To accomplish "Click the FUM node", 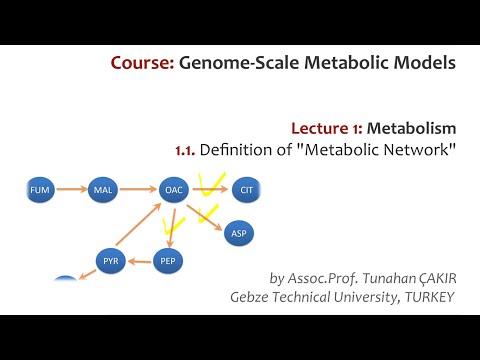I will coord(40,187).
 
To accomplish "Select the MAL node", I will coord(103,187).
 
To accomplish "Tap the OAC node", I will coord(174,187).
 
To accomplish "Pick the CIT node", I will coord(246,187).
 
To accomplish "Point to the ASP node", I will coord(238,233).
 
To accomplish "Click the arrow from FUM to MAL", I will coord(71,187).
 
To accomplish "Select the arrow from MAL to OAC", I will coord(138,187).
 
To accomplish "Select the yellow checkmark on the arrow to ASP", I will coord(208,213).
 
